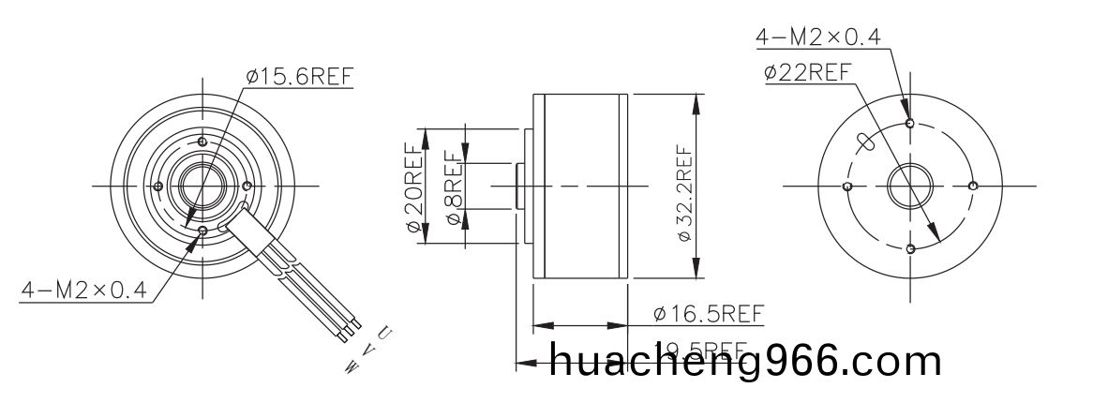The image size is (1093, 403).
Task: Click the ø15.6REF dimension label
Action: (300, 77)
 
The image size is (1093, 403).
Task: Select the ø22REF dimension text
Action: (807, 72)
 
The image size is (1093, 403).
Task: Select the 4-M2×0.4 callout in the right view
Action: (818, 37)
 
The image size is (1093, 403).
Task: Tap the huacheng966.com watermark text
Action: (744, 361)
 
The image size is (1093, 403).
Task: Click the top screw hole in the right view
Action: (910, 122)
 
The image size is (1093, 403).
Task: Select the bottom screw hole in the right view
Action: (910, 248)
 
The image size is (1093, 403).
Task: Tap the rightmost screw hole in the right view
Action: (973, 186)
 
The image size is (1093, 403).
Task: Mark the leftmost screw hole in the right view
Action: (847, 186)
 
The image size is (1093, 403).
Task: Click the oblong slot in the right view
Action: (867, 142)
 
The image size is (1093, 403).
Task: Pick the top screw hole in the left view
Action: (201, 141)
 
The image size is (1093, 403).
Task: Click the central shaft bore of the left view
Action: (201, 186)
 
